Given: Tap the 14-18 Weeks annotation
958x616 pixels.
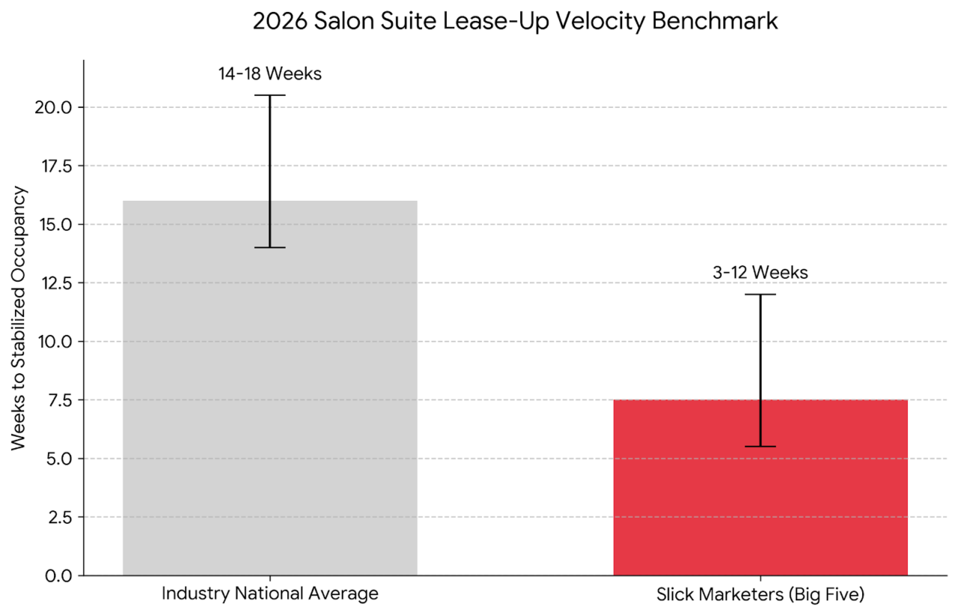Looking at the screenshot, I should [270, 73].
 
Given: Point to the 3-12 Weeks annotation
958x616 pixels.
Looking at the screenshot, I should [760, 273].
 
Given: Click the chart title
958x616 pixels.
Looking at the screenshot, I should [515, 21].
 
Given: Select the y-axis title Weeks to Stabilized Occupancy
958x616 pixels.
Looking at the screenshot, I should [19, 318].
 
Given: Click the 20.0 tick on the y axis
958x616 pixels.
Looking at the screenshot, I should [53, 107].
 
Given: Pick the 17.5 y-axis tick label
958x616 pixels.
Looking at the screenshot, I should [54, 166].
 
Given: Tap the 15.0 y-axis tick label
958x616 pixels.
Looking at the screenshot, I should [54, 224].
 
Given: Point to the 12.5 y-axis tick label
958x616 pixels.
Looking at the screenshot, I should [54, 283].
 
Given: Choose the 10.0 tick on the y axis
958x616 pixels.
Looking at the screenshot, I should [54, 341].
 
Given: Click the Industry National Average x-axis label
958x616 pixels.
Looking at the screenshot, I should [270, 594].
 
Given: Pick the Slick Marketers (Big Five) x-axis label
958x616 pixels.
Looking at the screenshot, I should [760, 596].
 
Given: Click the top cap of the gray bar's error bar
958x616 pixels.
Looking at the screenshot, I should [270, 95].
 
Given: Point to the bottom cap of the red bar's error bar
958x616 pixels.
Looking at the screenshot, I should [760, 447].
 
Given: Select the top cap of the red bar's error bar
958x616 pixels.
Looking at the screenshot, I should [760, 295].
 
